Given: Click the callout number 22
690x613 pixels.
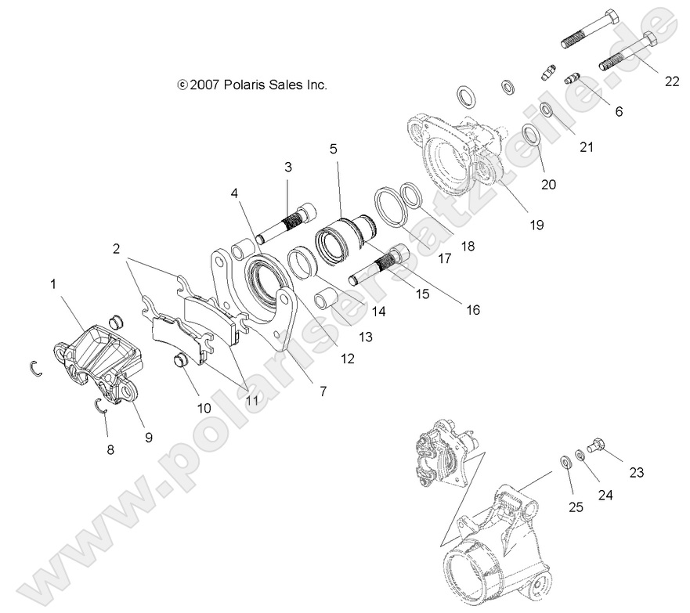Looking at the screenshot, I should click(x=671, y=81).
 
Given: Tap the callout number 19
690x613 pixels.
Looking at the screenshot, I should click(x=536, y=224).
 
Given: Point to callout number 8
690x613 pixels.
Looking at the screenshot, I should click(x=110, y=449).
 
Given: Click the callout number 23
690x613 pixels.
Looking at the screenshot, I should click(x=636, y=472).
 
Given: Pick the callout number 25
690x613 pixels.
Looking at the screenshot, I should click(x=576, y=507).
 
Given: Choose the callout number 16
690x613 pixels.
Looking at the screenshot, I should click(x=472, y=309).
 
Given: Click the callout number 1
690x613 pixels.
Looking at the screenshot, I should click(x=53, y=285).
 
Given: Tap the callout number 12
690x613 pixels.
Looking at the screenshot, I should click(x=347, y=359).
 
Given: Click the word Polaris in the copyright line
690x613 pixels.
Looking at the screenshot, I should click(x=247, y=84).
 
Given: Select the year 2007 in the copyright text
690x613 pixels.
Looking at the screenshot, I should click(x=207, y=84).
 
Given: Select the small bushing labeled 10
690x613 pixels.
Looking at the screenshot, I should click(x=182, y=361).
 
